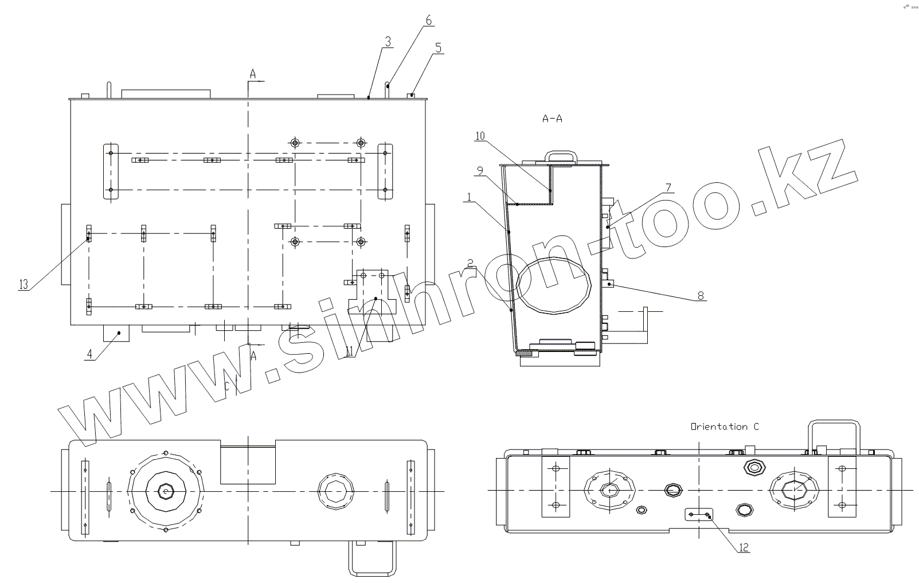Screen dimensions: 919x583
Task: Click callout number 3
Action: (x=388, y=41)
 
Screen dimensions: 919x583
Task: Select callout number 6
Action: (x=429, y=20)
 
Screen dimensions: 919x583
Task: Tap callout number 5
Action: (x=438, y=48)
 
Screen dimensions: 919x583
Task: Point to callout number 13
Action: (x=24, y=284)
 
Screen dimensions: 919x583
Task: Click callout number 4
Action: (x=89, y=354)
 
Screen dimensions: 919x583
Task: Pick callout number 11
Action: (x=349, y=351)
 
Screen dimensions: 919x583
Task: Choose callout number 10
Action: (x=480, y=136)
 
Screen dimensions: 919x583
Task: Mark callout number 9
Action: (x=480, y=170)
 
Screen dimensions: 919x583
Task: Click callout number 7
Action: (x=668, y=188)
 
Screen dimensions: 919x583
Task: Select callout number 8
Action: (x=701, y=295)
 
